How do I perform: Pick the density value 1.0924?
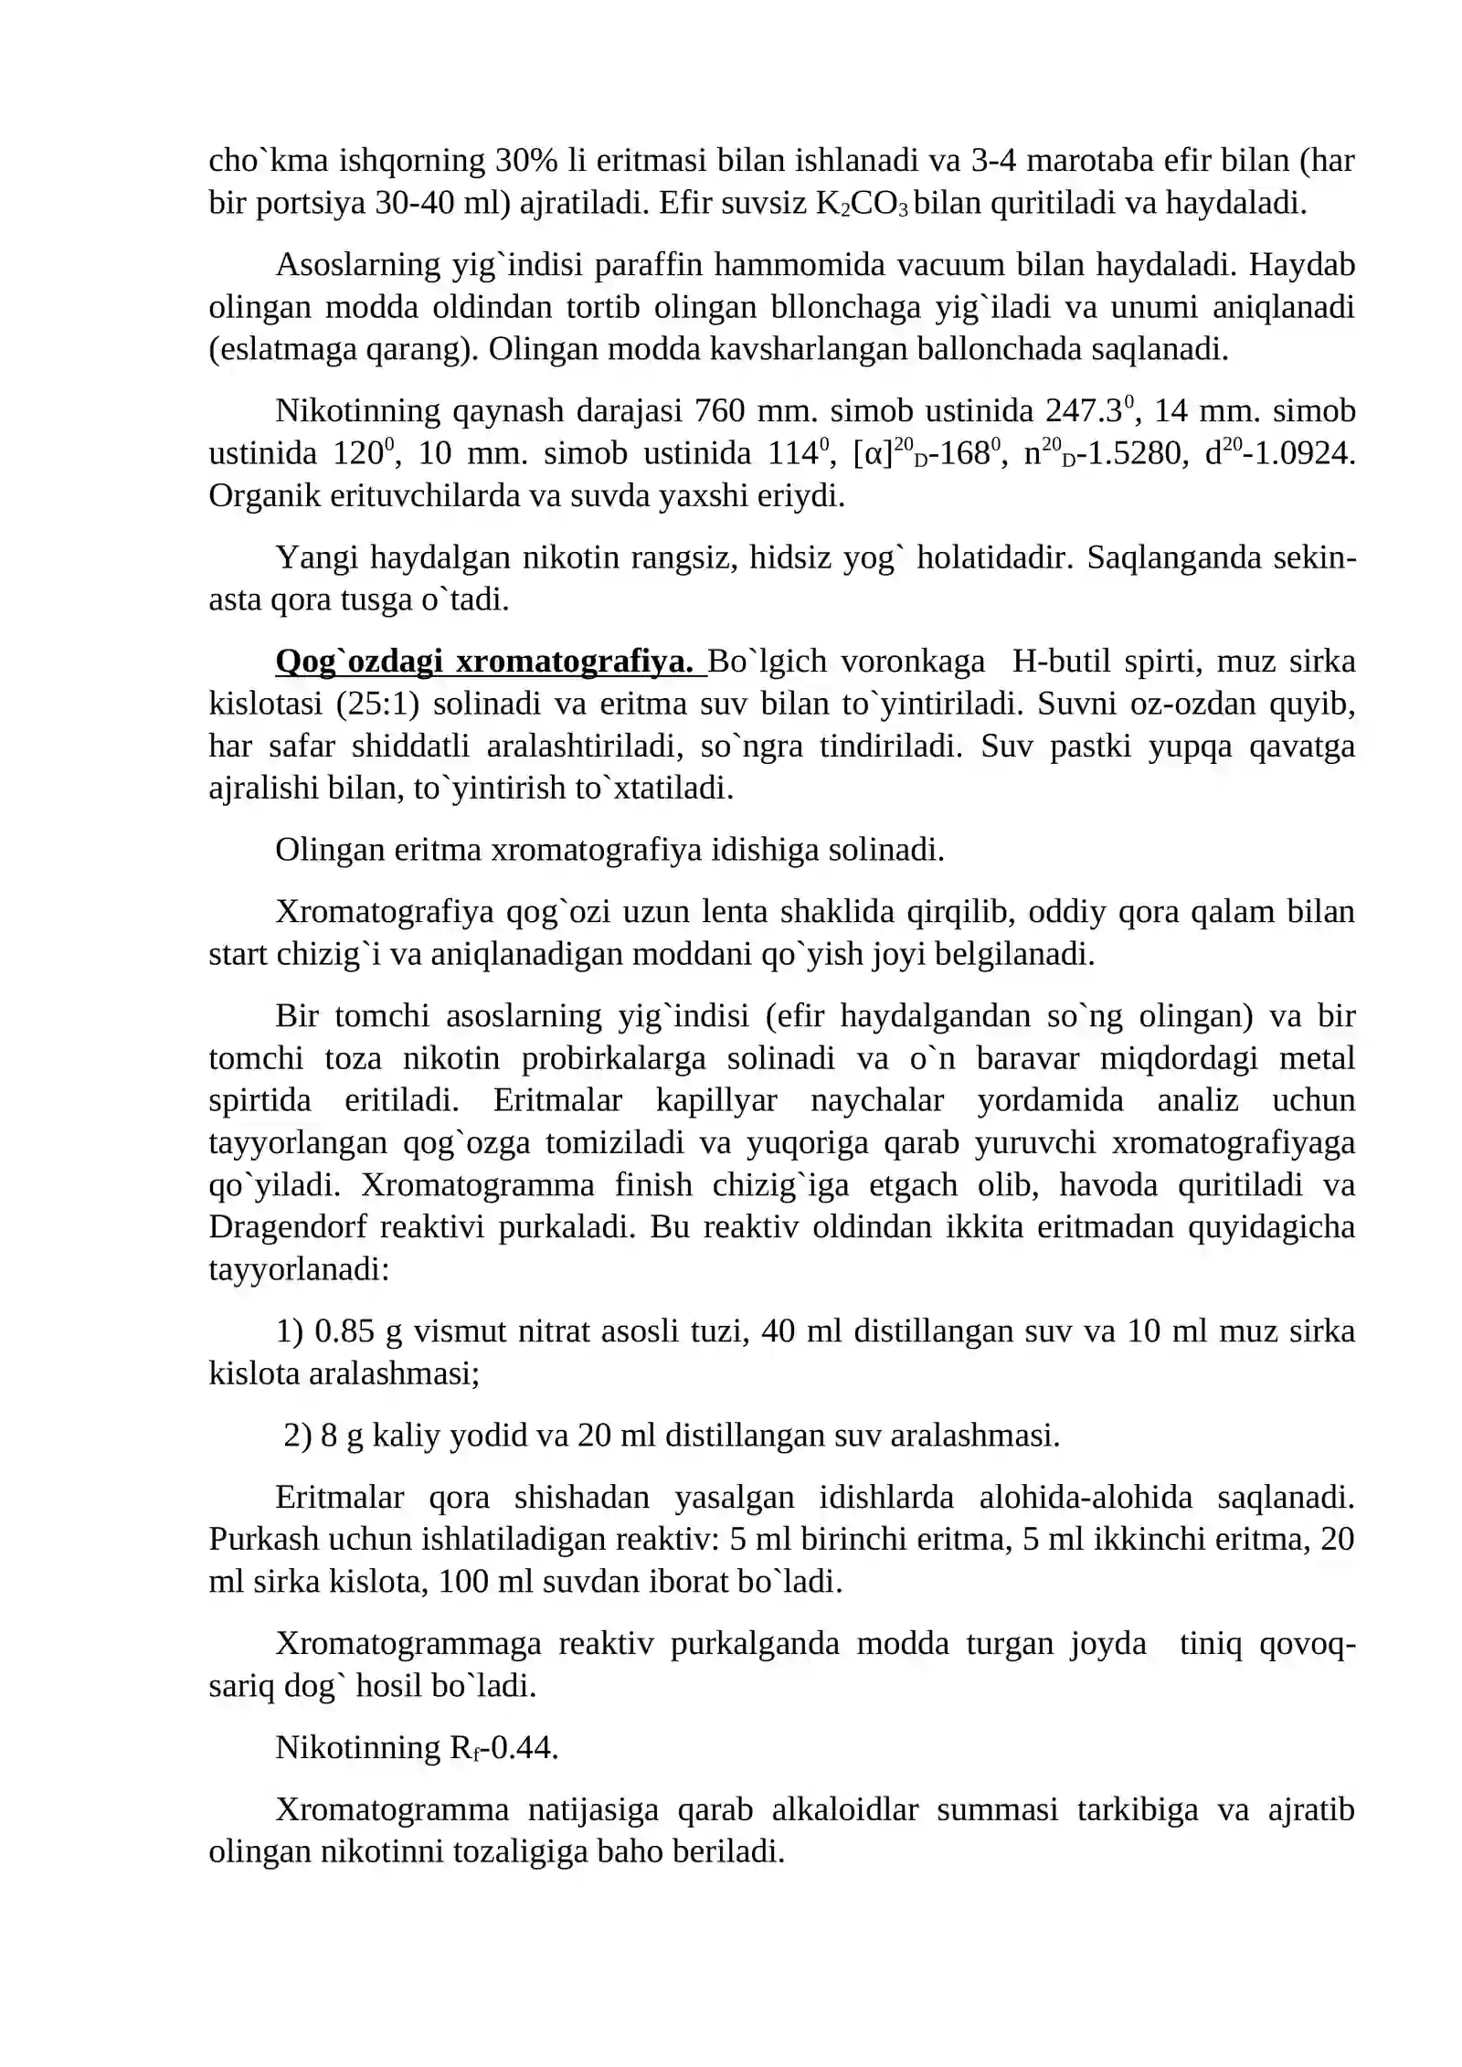coord(1305,454)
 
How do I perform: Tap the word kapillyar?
coord(716,1100)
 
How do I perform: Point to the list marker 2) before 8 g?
coord(297,1436)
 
